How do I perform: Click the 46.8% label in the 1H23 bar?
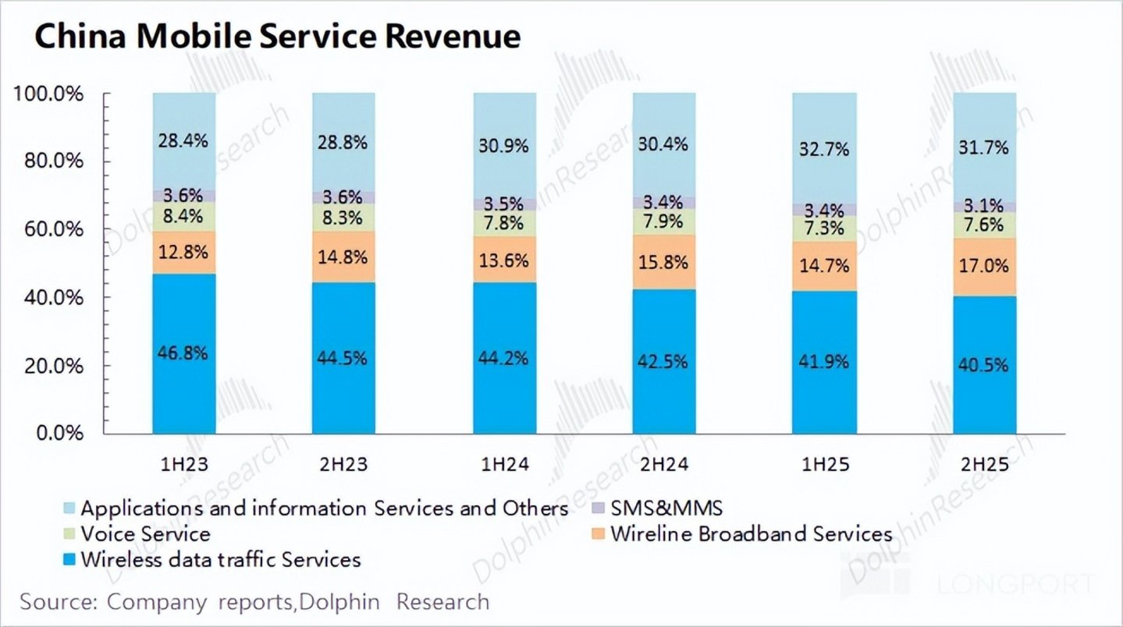coord(183,353)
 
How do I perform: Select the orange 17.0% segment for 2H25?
coord(985,267)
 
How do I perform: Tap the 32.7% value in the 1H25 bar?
coord(824,149)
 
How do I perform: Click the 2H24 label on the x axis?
coord(664,464)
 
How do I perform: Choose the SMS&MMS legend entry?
coord(657,508)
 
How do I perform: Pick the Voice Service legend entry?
coord(137,534)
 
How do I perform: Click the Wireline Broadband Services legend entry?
coord(742,534)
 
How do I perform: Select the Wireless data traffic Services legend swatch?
coord(69,559)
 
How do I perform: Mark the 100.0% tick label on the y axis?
coord(48,94)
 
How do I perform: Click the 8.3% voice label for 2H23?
coord(343,218)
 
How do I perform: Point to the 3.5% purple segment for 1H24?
coord(505,204)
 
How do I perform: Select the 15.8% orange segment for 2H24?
coord(664,262)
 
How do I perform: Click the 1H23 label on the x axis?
coord(184,464)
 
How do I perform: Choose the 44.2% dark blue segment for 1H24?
coord(505,358)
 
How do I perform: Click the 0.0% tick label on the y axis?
coord(59,433)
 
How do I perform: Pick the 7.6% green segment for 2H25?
coord(985,225)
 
